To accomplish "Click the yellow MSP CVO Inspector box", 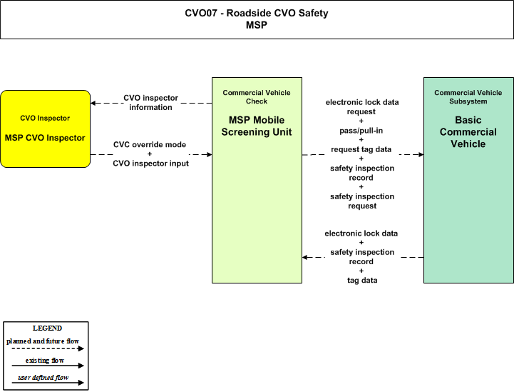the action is point(45,129).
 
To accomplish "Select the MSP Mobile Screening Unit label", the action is point(257,126).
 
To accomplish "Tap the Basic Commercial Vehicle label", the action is point(468,131).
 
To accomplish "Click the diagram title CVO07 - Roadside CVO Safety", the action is point(257,13).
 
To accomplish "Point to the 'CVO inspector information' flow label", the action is point(151,102).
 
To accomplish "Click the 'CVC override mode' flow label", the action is point(150,144).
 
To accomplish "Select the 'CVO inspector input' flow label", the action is point(151,164).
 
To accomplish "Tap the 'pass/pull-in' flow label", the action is point(361,131).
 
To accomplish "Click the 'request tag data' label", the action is point(361,149).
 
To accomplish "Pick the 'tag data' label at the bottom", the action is point(362,281).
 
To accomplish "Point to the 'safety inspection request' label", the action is point(362,201).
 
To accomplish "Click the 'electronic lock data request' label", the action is point(362,106).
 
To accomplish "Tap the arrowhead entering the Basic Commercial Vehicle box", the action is point(421,154).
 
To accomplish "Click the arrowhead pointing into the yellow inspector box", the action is point(93,103).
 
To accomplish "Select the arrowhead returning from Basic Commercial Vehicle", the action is point(305,257).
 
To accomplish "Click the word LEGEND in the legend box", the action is point(47,328).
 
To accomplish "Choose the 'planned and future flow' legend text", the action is point(43,341).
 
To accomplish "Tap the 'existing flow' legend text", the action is point(45,361).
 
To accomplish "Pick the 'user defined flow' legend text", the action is point(43,378).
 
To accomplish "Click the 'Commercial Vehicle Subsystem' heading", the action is point(468,97).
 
